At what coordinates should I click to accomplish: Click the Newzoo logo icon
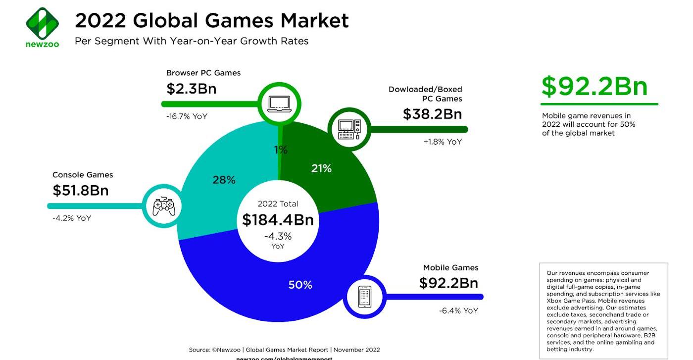[x=42, y=23]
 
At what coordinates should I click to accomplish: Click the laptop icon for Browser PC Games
[x=280, y=103]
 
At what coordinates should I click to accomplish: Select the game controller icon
[x=163, y=206]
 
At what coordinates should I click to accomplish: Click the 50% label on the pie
[x=300, y=285]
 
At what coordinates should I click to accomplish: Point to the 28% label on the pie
[x=224, y=180]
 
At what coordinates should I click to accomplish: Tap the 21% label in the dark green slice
[x=321, y=169]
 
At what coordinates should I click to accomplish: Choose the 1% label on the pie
[x=281, y=150]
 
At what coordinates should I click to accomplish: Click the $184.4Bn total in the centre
[x=278, y=220]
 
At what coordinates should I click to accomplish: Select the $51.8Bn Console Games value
[x=81, y=191]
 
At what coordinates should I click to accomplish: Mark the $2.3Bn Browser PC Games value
[x=192, y=89]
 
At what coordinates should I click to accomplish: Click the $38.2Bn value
[x=432, y=114]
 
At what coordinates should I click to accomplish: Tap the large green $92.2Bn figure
[x=594, y=86]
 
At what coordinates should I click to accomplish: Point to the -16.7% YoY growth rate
[x=187, y=116]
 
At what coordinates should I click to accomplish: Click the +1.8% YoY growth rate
[x=442, y=142]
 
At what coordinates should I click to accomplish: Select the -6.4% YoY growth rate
[x=458, y=311]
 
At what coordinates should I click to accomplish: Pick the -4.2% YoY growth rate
[x=72, y=218]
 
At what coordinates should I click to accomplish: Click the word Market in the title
[x=315, y=21]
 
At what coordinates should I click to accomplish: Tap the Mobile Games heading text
[x=450, y=268]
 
